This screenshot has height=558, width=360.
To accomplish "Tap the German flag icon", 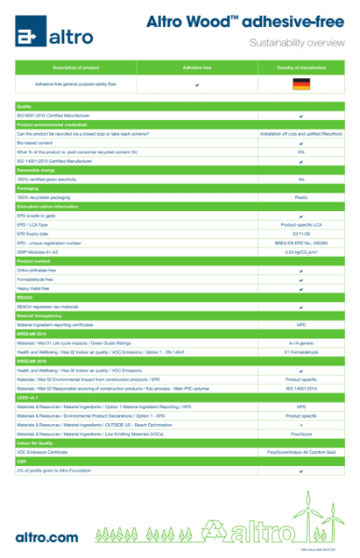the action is point(300,85).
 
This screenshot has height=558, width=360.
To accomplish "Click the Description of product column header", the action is point(76,68).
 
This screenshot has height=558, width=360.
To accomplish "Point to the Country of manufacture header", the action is point(300,68).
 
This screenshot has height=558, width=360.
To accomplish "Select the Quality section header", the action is point(25,107).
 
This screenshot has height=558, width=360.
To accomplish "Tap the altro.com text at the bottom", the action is point(47,537).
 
